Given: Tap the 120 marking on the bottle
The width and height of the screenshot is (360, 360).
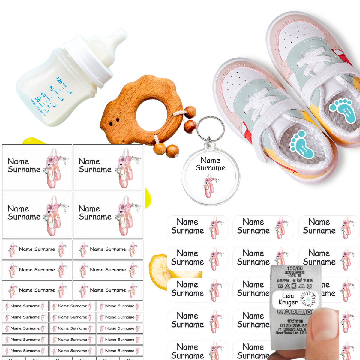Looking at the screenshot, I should click(59, 80).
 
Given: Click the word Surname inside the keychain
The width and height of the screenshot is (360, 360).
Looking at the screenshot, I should click(211, 168).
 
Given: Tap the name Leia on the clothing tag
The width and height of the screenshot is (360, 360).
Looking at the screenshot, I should click(288, 296).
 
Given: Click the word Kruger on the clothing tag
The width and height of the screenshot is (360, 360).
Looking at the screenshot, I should click(288, 302).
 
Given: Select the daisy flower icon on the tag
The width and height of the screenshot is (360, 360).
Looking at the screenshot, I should click(308, 299).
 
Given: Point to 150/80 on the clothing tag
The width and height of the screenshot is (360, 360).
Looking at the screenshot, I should click(295, 268).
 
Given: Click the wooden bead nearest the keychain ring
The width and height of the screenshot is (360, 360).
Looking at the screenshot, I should click(190, 126).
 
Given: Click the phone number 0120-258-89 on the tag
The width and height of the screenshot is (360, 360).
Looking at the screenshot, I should click(293, 325).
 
